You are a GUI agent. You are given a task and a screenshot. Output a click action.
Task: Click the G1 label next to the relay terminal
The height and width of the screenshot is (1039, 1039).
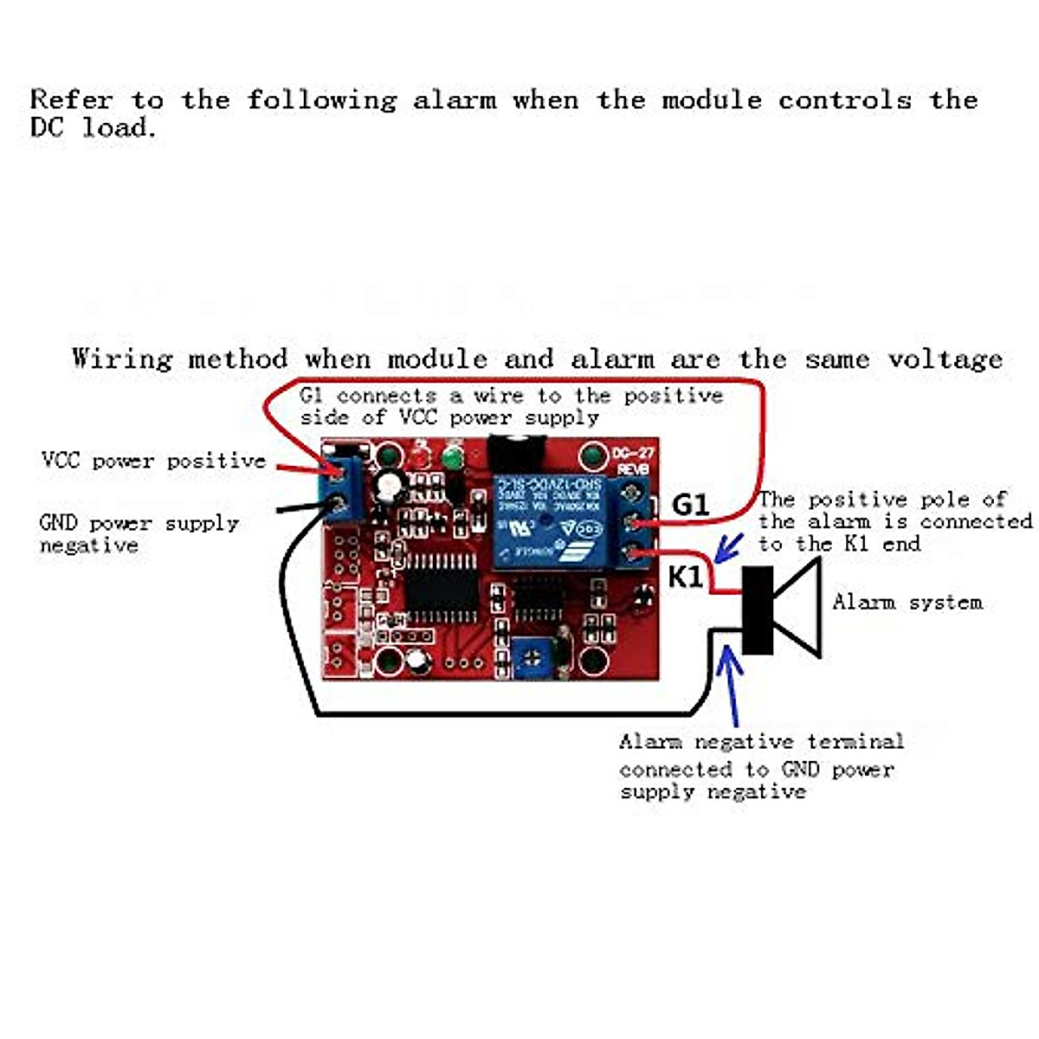(x=690, y=504)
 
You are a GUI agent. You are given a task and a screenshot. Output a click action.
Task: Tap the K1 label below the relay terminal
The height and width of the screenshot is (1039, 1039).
(x=686, y=576)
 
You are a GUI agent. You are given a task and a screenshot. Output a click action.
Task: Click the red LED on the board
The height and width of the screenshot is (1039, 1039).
(x=422, y=457)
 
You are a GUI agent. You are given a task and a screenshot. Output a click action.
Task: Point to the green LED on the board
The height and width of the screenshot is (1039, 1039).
(x=451, y=457)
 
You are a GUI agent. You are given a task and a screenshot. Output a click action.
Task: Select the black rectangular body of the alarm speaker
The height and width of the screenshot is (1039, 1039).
(x=758, y=610)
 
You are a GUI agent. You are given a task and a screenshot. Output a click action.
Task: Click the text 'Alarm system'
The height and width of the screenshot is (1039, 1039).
(x=907, y=602)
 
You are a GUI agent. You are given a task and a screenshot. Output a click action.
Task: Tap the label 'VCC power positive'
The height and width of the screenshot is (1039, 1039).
(x=153, y=461)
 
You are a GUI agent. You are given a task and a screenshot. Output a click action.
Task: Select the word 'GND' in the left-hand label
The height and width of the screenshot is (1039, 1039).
(x=59, y=523)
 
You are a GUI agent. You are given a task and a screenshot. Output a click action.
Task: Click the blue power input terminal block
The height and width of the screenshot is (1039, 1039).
(x=345, y=489)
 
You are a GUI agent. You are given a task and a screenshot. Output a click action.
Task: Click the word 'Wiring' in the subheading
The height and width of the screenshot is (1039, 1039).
(x=122, y=358)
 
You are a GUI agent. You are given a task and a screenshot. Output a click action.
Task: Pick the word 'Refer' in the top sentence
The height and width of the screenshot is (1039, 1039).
(x=71, y=100)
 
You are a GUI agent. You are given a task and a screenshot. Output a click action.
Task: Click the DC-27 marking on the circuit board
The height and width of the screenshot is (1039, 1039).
(x=633, y=454)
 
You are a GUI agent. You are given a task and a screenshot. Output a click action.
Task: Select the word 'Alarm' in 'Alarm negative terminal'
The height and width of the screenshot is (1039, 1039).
(x=650, y=742)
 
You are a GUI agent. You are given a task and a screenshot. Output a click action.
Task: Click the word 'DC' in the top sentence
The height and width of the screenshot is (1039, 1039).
(x=47, y=127)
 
